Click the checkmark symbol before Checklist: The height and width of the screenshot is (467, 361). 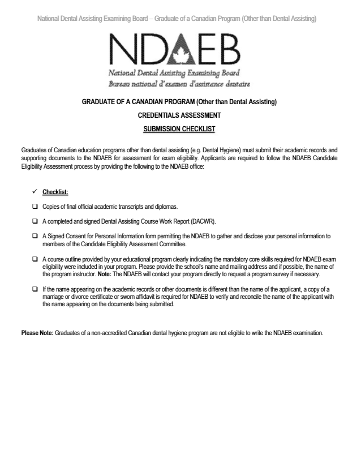(35, 192)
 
